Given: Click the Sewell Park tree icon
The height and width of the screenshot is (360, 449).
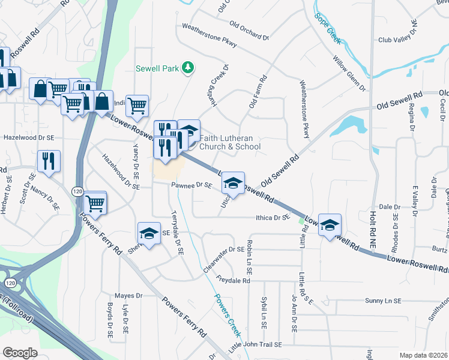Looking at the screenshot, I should click(188, 67).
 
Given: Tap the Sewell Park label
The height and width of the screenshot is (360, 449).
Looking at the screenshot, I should click(157, 68).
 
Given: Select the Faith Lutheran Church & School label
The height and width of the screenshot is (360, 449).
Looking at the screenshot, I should click(231, 142).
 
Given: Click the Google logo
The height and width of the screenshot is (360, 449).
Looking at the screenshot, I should click(20, 353).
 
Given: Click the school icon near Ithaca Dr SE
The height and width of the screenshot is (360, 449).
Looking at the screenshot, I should click(330, 225).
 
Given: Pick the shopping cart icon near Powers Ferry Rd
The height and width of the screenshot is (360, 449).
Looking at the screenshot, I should click(95, 203).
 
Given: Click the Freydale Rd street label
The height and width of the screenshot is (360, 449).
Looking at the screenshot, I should click(234, 280).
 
